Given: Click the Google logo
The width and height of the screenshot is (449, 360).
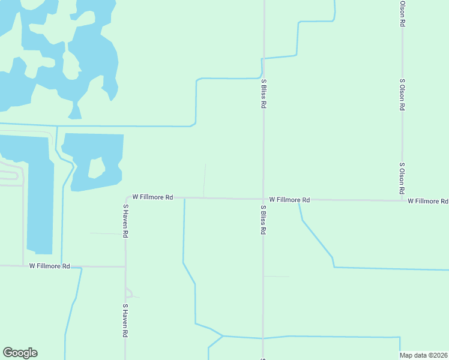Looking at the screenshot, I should click(20, 353).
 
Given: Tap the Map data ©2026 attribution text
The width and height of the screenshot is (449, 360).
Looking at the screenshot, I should click(424, 355).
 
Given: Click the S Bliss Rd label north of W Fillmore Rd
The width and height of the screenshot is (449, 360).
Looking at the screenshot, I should click(263, 93).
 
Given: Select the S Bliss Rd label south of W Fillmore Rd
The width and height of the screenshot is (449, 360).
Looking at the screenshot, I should click(263, 220).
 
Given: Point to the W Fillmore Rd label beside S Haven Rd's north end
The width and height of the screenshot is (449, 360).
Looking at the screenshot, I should click(152, 197).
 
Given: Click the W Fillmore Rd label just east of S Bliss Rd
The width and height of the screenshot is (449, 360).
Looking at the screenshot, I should click(289, 199).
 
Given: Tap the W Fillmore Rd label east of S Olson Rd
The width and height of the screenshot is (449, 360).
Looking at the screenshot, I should click(427, 201).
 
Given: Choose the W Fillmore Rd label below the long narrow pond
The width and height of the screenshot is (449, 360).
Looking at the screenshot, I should click(49, 266).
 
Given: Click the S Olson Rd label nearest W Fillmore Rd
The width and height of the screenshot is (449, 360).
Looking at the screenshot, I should click(402, 178).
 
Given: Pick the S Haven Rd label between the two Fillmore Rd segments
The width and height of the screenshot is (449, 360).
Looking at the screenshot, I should click(125, 221).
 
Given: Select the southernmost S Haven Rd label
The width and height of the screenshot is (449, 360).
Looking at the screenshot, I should click(125, 321).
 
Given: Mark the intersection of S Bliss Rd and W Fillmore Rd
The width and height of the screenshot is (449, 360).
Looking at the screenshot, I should click(263, 199).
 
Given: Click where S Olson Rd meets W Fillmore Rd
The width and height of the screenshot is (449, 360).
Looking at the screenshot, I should click(402, 200).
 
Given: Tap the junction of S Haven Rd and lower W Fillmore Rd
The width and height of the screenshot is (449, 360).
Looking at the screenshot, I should click(125, 266).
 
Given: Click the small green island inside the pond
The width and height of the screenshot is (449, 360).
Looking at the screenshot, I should click(96, 168).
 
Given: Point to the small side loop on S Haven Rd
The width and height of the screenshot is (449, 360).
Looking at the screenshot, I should click(128, 293).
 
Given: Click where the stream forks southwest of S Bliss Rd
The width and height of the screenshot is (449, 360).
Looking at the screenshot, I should click(223, 336).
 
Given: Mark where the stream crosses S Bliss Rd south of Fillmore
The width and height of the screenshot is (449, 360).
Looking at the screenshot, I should click(263, 338).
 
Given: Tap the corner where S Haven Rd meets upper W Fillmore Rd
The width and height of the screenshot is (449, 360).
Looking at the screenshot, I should click(126, 198).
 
